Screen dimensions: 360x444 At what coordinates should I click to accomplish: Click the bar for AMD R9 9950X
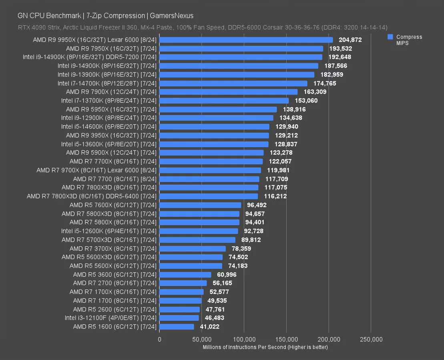point(246,40)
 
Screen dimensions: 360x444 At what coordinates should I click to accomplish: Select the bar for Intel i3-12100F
point(179,318)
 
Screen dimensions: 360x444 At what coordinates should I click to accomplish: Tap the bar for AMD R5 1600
point(177,327)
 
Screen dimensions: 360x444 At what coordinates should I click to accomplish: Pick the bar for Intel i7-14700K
point(233,84)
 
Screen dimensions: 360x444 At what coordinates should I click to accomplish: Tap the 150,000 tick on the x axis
point(286,340)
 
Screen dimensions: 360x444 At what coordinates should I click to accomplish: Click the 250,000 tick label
point(371,340)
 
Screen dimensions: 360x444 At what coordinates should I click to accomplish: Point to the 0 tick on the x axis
point(159,340)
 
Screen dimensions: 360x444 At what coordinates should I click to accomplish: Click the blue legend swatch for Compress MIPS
point(390,37)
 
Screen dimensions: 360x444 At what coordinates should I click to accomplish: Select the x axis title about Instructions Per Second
point(265,347)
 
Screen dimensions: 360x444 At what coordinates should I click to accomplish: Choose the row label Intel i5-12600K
point(110,231)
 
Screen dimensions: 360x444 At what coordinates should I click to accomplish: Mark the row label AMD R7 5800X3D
point(110,214)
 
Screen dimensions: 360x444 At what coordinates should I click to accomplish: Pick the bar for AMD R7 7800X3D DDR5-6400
point(209,196)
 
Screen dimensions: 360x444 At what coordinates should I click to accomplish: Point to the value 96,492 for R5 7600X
point(259,205)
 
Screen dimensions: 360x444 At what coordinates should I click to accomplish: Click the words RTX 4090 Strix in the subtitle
point(37,27)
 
